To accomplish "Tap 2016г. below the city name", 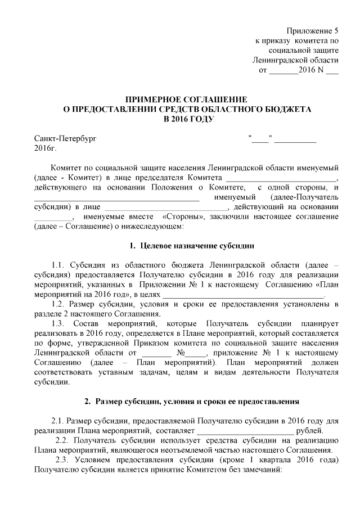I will pyautogui.click(x=46, y=148).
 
